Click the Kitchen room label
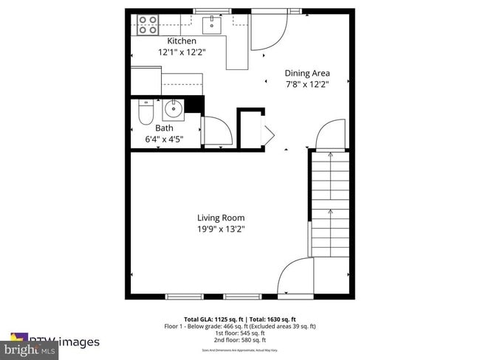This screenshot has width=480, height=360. (x=182, y=41)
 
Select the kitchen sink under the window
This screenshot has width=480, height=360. (x=212, y=25)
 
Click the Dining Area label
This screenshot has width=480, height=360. (x=307, y=73)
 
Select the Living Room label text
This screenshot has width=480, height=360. (x=221, y=218)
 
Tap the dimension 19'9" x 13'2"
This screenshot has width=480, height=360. (x=221, y=229)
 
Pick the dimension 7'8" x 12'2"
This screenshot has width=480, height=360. (x=307, y=84)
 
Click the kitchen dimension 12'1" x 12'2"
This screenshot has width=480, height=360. (x=182, y=53)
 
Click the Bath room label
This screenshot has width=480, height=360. (x=164, y=128)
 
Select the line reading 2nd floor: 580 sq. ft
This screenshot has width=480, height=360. (x=240, y=341)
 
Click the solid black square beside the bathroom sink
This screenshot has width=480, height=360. (x=193, y=105)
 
